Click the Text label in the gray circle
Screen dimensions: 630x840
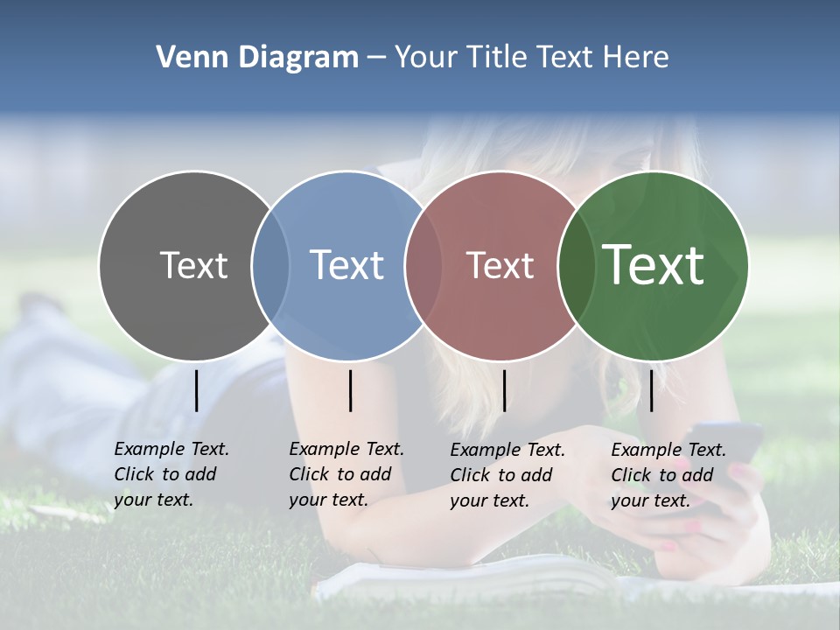(x=193, y=265)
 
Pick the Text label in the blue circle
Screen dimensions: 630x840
(x=346, y=265)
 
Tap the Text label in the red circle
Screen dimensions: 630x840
(x=500, y=265)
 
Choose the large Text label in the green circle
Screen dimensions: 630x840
(x=654, y=264)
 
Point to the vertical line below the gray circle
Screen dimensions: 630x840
(x=196, y=390)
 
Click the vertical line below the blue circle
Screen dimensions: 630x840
(x=350, y=390)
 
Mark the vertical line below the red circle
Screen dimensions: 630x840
(x=504, y=390)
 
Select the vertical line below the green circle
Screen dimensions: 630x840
(x=652, y=390)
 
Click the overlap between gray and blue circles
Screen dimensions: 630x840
(x=270, y=265)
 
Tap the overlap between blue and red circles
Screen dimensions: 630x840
(x=423, y=265)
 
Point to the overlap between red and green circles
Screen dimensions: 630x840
(x=577, y=265)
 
